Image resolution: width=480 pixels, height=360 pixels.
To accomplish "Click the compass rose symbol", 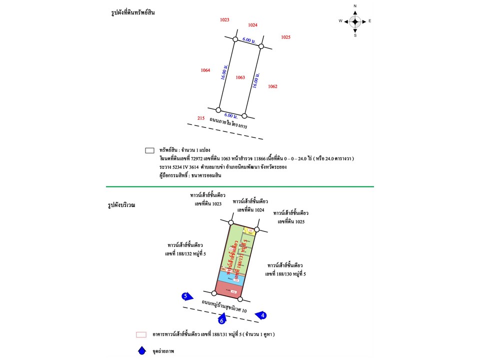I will coord(355,21).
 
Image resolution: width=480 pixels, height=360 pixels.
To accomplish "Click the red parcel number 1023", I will coord(224,19).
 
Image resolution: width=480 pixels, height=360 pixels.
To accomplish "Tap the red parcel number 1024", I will coord(252,25).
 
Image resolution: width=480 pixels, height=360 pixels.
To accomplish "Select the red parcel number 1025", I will coord(285,37).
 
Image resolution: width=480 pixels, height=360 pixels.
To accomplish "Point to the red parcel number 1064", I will coord(205,70).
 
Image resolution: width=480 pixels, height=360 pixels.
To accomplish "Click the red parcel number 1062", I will coord(272,86).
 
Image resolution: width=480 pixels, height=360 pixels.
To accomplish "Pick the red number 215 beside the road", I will coord(201,118).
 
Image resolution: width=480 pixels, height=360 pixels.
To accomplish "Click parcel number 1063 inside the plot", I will coord(240,77).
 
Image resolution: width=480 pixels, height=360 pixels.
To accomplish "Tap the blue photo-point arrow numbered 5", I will coord(187,296).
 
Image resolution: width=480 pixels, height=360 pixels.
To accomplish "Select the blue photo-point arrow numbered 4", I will coord(261,315).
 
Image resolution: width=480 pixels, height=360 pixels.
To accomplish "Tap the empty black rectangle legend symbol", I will coord(149,149).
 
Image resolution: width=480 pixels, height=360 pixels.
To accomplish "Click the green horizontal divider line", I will coord(240,186).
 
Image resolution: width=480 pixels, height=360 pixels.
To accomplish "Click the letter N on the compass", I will coord(355,6).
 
